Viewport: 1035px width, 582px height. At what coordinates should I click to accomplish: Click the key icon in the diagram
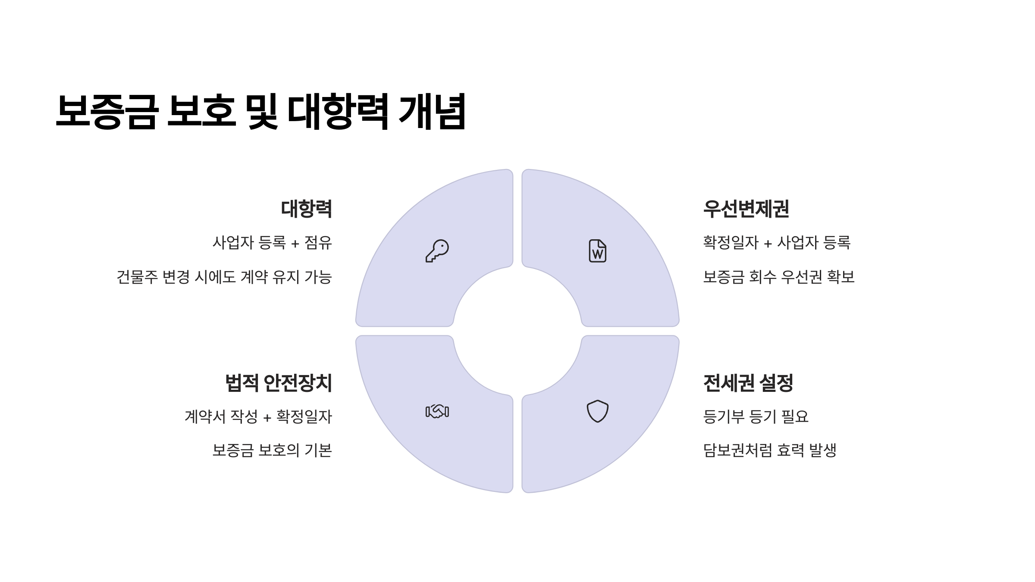pyautogui.click(x=437, y=251)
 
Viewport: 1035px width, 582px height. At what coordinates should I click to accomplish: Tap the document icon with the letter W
pyautogui.click(x=598, y=251)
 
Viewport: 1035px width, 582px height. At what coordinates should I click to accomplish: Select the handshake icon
pyautogui.click(x=437, y=411)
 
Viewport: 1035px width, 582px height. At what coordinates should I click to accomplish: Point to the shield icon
pyautogui.click(x=598, y=411)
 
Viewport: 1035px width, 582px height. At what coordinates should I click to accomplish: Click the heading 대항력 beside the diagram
pyautogui.click(x=306, y=209)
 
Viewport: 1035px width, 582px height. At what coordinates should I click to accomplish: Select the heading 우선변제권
pyautogui.click(x=746, y=209)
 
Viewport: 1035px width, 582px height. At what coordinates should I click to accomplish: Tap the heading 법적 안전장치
pyautogui.click(x=279, y=383)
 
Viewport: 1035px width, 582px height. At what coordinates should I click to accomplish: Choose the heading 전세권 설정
pyautogui.click(x=748, y=383)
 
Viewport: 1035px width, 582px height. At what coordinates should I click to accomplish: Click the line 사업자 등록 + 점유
pyautogui.click(x=272, y=243)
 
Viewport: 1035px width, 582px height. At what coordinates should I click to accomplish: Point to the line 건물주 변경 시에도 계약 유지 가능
pyautogui.click(x=224, y=277)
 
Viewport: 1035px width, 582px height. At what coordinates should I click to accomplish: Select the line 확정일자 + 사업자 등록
pyautogui.click(x=777, y=243)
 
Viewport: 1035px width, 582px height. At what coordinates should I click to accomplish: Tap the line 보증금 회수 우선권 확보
pyautogui.click(x=779, y=277)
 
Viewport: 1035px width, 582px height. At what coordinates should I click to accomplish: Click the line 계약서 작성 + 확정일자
pyautogui.click(x=258, y=416)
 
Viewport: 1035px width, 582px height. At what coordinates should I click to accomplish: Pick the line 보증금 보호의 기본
pyautogui.click(x=272, y=451)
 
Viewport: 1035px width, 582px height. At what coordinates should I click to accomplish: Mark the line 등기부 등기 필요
pyautogui.click(x=756, y=416)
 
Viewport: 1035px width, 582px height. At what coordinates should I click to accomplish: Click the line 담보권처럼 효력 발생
pyautogui.click(x=770, y=451)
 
